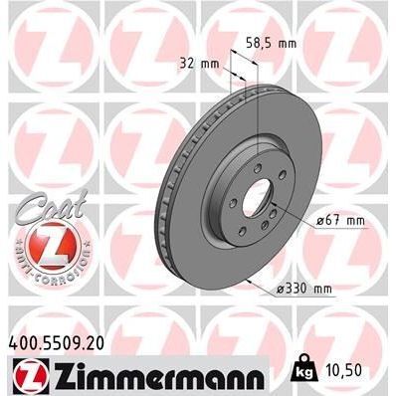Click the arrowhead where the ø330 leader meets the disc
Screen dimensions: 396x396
[x=246, y=283]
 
